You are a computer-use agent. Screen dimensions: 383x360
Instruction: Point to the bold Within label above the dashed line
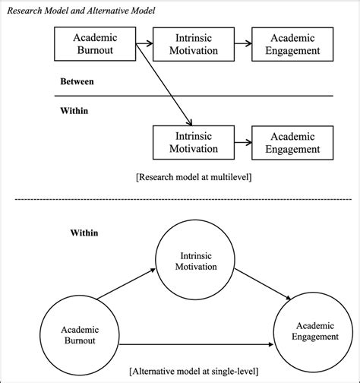(x=75, y=110)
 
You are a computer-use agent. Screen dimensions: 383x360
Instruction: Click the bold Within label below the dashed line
(x=75, y=233)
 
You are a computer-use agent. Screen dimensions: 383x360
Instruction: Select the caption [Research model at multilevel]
(x=196, y=176)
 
